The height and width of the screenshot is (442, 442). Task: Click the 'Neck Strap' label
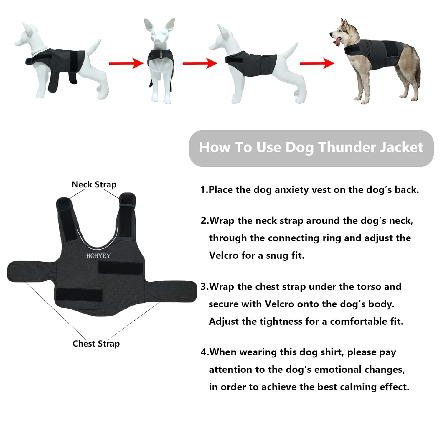(x=94, y=184)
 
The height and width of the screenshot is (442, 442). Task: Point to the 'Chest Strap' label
(x=96, y=344)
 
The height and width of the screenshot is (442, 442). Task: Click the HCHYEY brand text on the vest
(x=98, y=255)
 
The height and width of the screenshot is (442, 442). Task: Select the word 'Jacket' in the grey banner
(x=402, y=147)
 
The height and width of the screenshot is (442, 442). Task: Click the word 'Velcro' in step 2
(x=223, y=255)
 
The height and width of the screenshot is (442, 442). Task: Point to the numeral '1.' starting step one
(x=204, y=190)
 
